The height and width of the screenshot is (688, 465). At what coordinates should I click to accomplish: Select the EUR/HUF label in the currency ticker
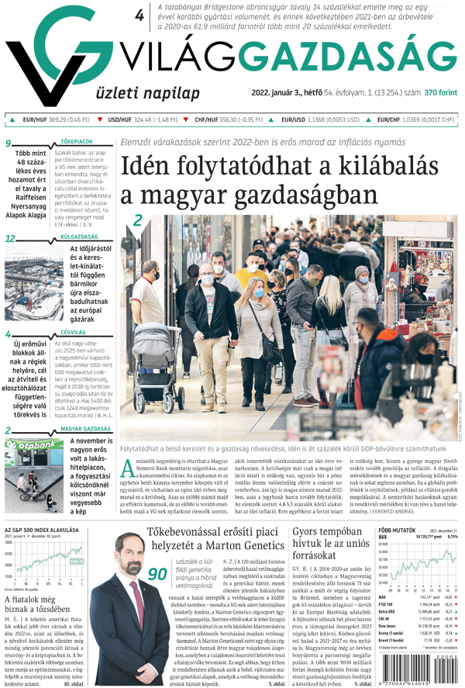click(35, 120)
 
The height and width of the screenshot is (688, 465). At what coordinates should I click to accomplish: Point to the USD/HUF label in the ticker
click(119, 120)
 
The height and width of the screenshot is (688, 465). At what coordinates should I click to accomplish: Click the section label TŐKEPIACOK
click(77, 142)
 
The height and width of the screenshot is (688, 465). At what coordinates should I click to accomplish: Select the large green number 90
click(158, 574)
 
